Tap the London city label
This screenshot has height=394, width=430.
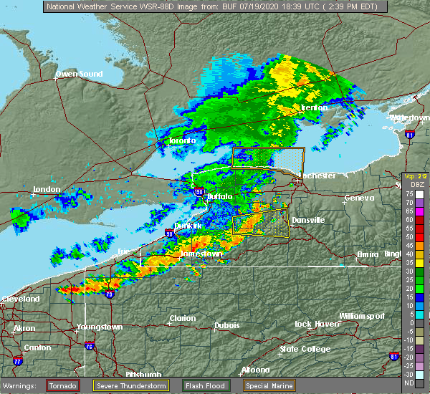[x=46, y=189]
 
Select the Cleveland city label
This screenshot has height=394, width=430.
[x=19, y=298]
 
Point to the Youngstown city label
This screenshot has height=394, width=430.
[x=100, y=327]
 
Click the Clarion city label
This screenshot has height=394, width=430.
[x=183, y=318]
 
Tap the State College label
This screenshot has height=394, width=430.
[x=305, y=349]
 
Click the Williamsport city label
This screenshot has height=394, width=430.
[x=361, y=316]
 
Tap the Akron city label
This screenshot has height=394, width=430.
[x=24, y=329]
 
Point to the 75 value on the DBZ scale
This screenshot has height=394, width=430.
[x=409, y=194]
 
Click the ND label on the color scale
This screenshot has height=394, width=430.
[x=408, y=383]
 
